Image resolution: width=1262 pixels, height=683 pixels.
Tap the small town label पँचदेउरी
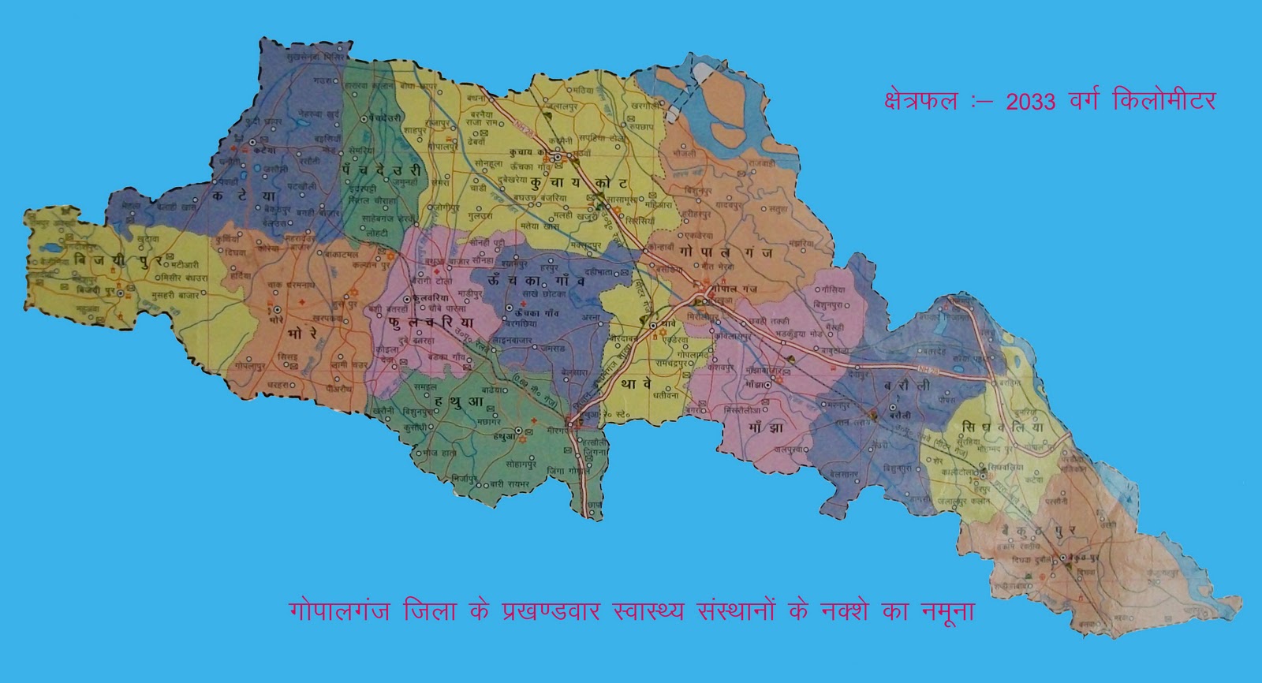[x=372, y=116]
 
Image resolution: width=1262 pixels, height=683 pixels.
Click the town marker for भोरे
[x=278, y=311]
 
